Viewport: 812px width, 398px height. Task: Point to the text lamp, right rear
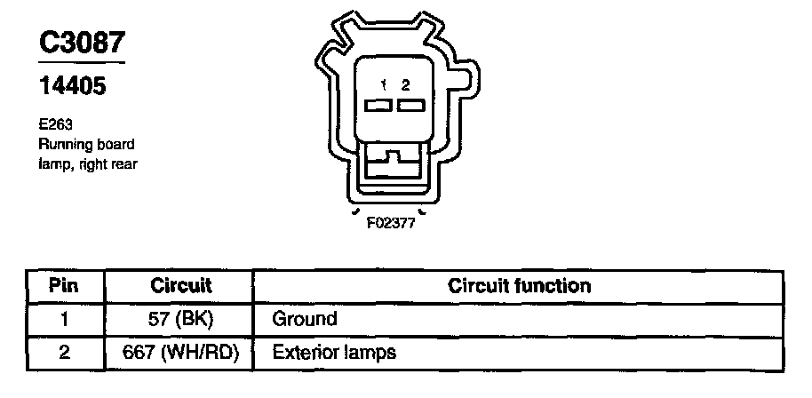tap(87, 163)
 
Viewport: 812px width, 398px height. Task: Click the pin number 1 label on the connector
tap(384, 85)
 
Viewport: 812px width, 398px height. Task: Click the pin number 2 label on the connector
tap(406, 85)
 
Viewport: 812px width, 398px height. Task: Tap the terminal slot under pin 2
tap(410, 107)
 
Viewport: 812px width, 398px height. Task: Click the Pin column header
tap(63, 287)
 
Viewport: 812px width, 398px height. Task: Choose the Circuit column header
tap(181, 287)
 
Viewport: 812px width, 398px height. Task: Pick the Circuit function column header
tap(519, 287)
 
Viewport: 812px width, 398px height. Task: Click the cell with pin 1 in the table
tap(63, 319)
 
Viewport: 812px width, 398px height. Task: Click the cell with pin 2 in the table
tap(63, 352)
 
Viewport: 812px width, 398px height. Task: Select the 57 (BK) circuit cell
tap(181, 319)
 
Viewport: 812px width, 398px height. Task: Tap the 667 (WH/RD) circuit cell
tap(181, 352)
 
